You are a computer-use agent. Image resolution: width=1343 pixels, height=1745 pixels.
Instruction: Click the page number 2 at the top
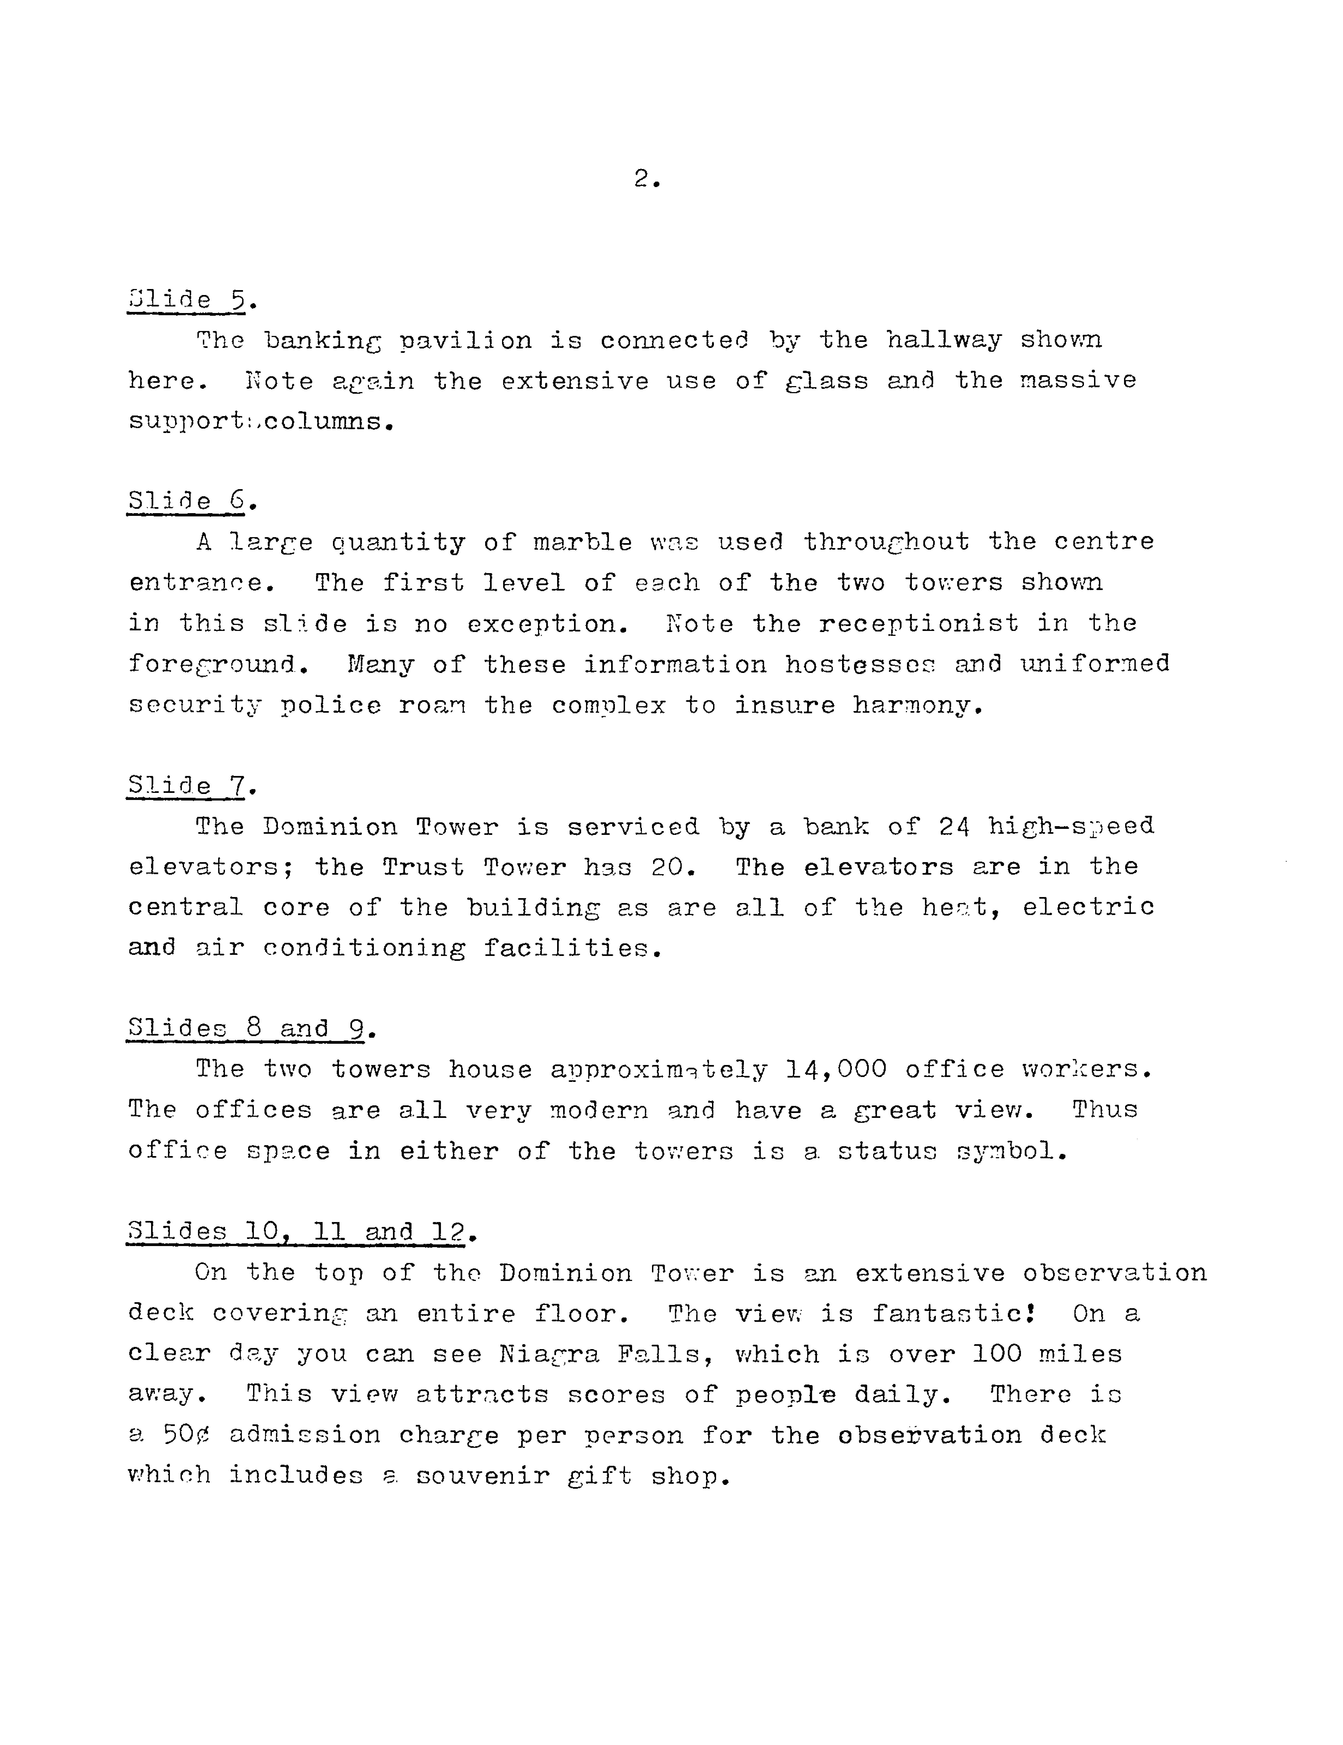click(645, 180)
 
